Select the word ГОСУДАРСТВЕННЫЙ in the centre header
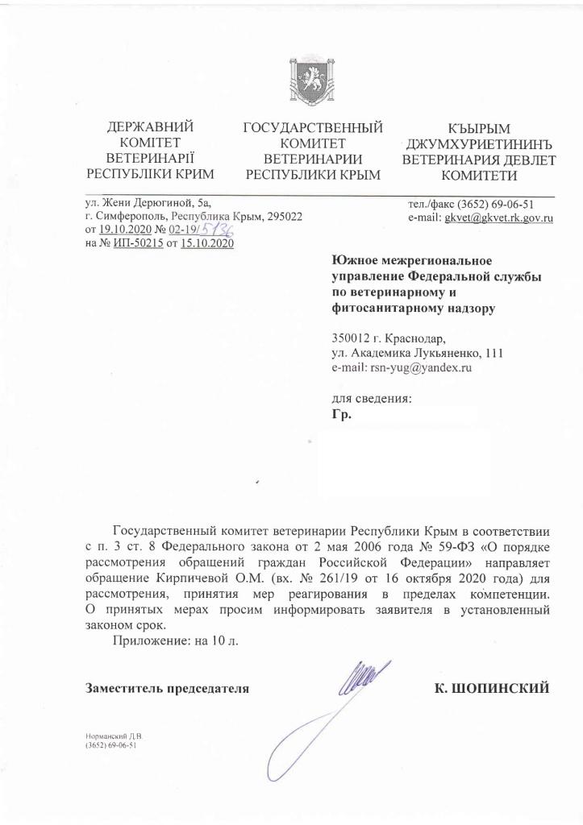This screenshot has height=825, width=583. [x=312, y=128]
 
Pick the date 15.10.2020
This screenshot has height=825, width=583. [x=207, y=243]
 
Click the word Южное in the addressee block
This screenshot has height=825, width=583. [x=355, y=259]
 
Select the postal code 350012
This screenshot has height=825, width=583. [x=352, y=338]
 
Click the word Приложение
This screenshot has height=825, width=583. [x=150, y=641]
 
